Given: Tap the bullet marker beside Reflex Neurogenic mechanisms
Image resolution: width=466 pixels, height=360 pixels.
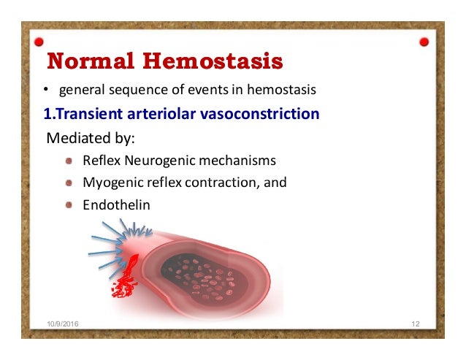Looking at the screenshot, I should tap(68, 161).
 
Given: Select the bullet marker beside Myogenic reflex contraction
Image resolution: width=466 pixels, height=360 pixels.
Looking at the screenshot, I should tap(68, 183).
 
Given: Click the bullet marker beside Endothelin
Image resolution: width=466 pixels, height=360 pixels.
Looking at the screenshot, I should tap(68, 205).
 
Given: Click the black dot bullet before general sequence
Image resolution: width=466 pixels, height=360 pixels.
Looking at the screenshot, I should tap(45, 91).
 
